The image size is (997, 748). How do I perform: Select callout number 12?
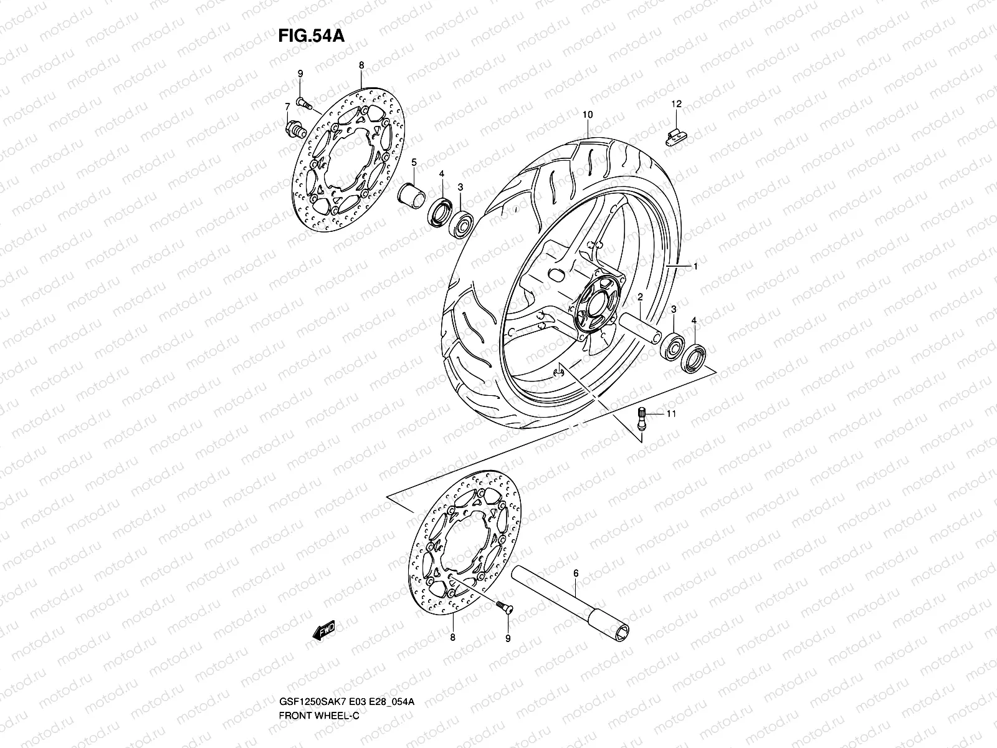tap(677, 103)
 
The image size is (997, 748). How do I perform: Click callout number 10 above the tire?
tap(587, 115)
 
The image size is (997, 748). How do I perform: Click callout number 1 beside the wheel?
tap(695, 267)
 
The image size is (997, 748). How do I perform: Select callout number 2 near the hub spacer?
tap(640, 299)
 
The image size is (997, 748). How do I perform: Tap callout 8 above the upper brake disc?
tap(361, 65)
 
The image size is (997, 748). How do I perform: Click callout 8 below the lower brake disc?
tap(452, 638)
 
